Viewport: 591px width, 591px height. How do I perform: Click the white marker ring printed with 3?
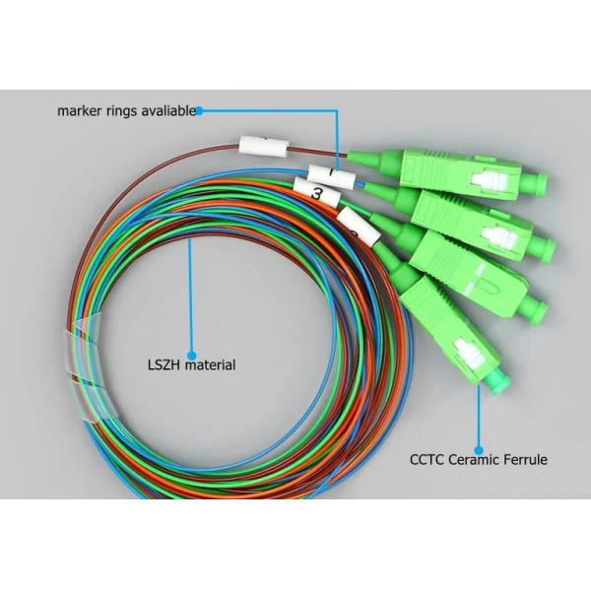(x=317, y=194)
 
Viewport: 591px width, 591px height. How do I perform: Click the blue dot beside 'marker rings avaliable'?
(x=199, y=110)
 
